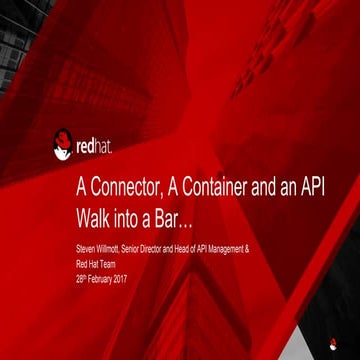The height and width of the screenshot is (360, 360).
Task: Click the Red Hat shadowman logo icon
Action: [x=63, y=144]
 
